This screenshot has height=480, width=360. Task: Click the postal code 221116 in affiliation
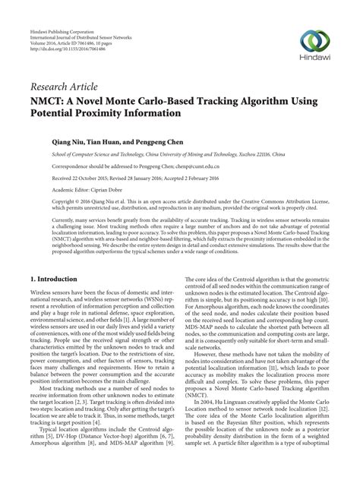click(263, 152)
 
